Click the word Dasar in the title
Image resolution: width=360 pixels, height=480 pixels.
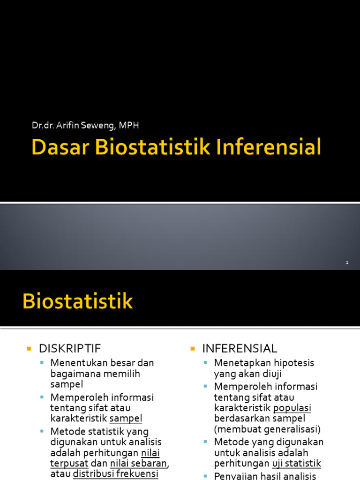tap(60, 147)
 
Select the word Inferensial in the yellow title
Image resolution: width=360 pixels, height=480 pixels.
tap(269, 147)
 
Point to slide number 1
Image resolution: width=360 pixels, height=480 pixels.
tap(347, 263)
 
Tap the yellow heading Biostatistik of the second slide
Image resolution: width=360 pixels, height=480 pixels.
tap(78, 301)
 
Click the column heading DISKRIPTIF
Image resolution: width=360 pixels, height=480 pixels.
tap(70, 348)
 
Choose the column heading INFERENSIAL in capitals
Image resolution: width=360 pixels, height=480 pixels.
tap(240, 348)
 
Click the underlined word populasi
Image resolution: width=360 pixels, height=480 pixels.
tap(292, 408)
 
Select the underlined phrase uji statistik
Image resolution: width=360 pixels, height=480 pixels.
tap(296, 463)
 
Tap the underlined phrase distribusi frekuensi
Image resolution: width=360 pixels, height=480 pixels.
tap(116, 473)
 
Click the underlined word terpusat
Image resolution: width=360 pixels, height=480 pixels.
tap(69, 463)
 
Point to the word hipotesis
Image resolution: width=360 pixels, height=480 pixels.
tap(294, 363)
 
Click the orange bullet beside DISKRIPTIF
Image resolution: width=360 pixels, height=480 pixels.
tap(29, 349)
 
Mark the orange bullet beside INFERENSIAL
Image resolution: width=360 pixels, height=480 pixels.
tap(193, 349)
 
